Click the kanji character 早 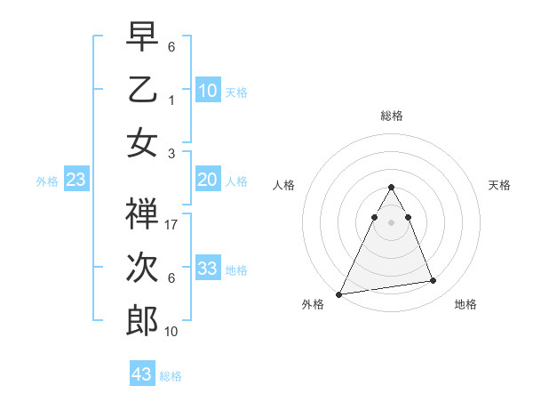[143, 36]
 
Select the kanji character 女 [143, 142]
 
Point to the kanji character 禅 [143, 214]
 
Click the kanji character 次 [143, 268]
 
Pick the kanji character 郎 [143, 320]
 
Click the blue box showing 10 [208, 91]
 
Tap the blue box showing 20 [208, 181]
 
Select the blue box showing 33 [208, 269]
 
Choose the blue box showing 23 [76, 181]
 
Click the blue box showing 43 [142, 374]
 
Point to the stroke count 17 [171, 225]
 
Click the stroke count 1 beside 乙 [171, 100]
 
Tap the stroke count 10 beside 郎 [171, 332]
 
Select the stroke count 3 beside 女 [171, 153]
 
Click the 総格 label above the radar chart [392, 116]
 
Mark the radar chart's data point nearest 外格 [340, 293]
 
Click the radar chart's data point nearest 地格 [434, 281]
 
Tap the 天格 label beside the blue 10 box [236, 92]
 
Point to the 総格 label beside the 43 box [171, 376]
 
